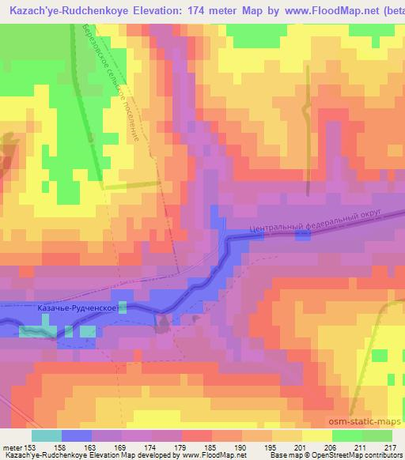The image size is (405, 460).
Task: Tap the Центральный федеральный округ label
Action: (315, 222)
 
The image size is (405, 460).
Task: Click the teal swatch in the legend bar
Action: (47, 435)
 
